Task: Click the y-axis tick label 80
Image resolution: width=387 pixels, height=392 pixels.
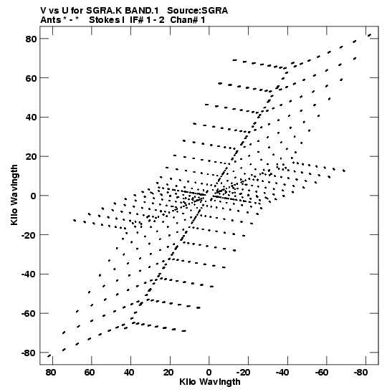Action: pyautogui.click(x=31, y=39)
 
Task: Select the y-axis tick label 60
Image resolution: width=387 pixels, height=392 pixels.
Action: pyautogui.click(x=31, y=78)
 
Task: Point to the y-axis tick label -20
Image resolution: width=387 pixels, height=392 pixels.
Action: pyautogui.click(x=29, y=235)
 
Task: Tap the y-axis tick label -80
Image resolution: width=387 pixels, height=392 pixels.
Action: pyautogui.click(x=29, y=353)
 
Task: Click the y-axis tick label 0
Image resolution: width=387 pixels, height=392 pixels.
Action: pyautogui.click(x=34, y=196)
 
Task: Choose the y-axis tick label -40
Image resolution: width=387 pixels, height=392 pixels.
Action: pyautogui.click(x=29, y=274)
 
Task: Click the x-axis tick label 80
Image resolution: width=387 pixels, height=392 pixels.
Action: pyautogui.click(x=50, y=373)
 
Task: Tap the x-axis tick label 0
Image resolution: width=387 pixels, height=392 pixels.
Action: pyautogui.click(x=209, y=373)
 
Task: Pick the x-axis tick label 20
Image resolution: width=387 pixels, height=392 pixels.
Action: pyautogui.click(x=168, y=373)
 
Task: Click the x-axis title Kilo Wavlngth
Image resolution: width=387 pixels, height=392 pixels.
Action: pyautogui.click(x=210, y=382)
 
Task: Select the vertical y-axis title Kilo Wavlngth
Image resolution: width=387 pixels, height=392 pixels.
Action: pyautogui.click(x=14, y=195)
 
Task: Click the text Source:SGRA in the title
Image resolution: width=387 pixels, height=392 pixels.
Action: pyautogui.click(x=198, y=11)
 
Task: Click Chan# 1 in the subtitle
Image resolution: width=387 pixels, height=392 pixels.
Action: pyautogui.click(x=188, y=20)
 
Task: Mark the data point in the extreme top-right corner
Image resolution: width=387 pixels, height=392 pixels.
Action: pyautogui.click(x=369, y=35)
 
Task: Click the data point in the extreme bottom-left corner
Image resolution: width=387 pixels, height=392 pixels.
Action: pyautogui.click(x=49, y=355)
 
